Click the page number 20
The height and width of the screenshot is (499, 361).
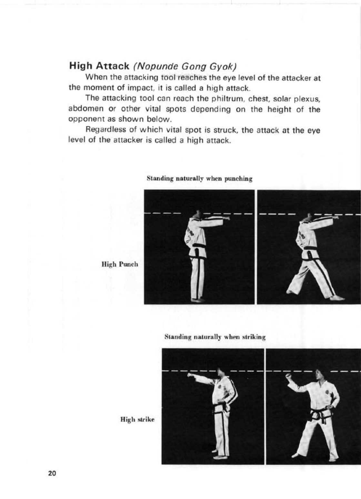click(52, 474)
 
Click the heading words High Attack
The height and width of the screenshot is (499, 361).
click(99, 66)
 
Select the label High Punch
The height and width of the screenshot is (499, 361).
click(120, 264)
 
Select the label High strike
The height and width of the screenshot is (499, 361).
click(137, 419)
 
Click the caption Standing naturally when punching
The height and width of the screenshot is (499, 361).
click(199, 178)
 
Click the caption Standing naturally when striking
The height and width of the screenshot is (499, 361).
click(215, 337)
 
